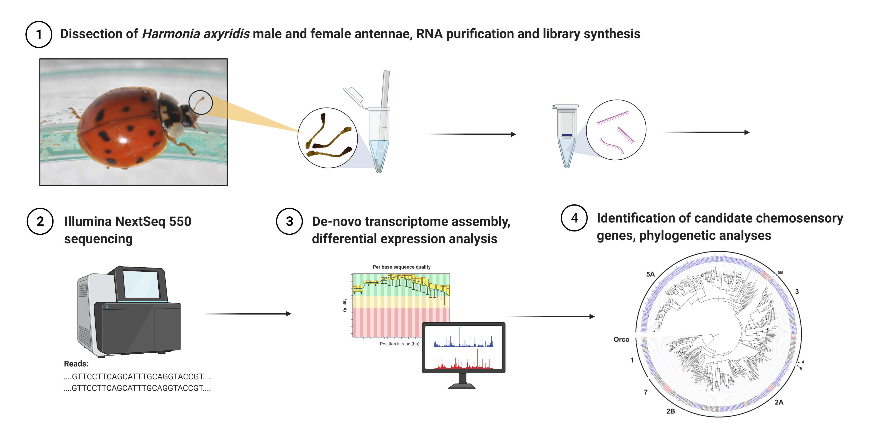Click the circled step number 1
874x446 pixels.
(39, 34)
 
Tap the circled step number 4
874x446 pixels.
(574, 218)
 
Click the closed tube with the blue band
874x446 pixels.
(567, 136)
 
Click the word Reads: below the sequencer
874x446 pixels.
(76, 364)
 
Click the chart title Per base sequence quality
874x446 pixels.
(401, 267)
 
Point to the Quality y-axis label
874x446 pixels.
(345, 305)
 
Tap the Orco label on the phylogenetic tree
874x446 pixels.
(621, 340)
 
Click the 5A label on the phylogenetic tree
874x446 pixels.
(650, 274)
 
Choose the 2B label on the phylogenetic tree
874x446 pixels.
(670, 411)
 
